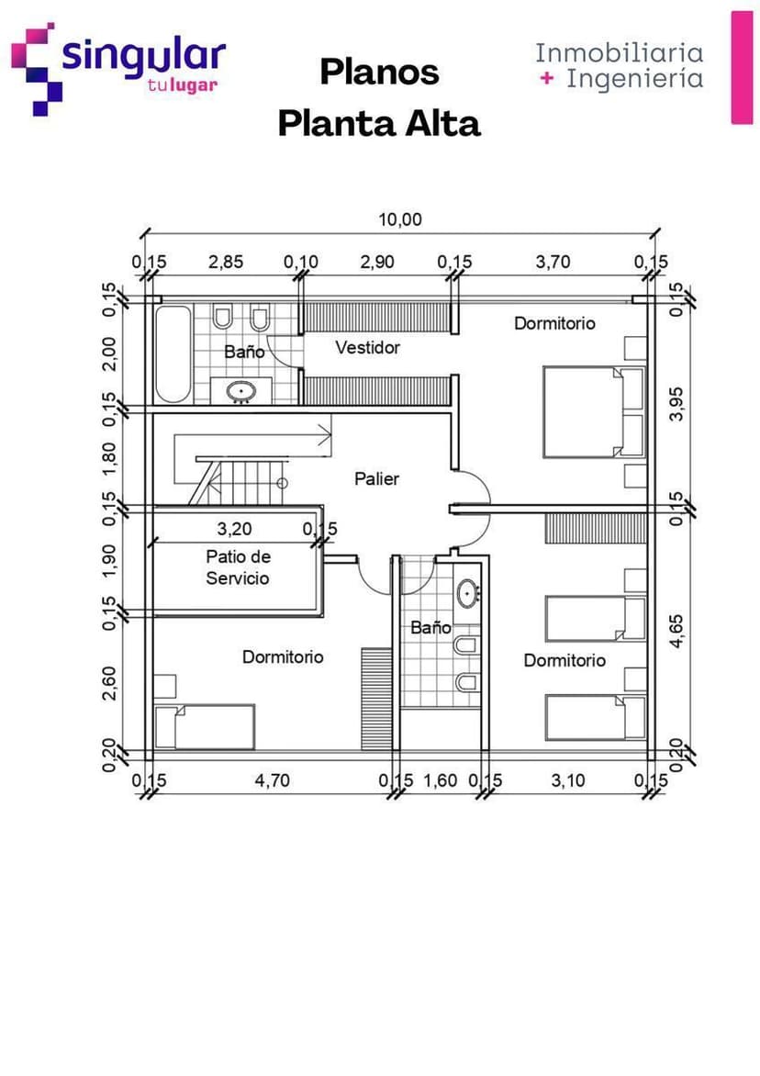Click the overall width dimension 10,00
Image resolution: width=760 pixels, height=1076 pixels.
tap(400, 219)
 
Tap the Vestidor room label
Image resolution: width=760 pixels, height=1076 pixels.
tap(367, 348)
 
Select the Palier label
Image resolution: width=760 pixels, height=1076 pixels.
tap(377, 478)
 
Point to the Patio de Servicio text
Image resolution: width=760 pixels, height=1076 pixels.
tap(238, 567)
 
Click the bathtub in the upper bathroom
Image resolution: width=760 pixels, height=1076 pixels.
tap(173, 353)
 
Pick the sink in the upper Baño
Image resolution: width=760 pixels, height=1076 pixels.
tap(242, 391)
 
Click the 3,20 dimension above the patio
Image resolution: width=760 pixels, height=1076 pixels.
tap(235, 529)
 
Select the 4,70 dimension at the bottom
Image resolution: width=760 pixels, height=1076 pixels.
tap(272, 780)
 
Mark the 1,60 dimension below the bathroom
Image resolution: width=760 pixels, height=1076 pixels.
tap(440, 780)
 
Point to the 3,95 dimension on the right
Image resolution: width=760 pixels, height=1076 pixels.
tap(677, 403)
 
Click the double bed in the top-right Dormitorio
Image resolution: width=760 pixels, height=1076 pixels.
tap(593, 411)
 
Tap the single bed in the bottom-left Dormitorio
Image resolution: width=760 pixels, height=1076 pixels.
tap(205, 726)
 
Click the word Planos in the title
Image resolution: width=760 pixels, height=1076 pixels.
tap(379, 72)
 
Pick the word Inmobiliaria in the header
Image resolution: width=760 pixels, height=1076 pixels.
tap(620, 52)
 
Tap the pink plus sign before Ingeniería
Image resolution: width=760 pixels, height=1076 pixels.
tap(547, 79)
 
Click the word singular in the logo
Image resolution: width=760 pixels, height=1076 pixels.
tap(143, 56)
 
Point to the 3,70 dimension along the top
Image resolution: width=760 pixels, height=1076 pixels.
tap(553, 262)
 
